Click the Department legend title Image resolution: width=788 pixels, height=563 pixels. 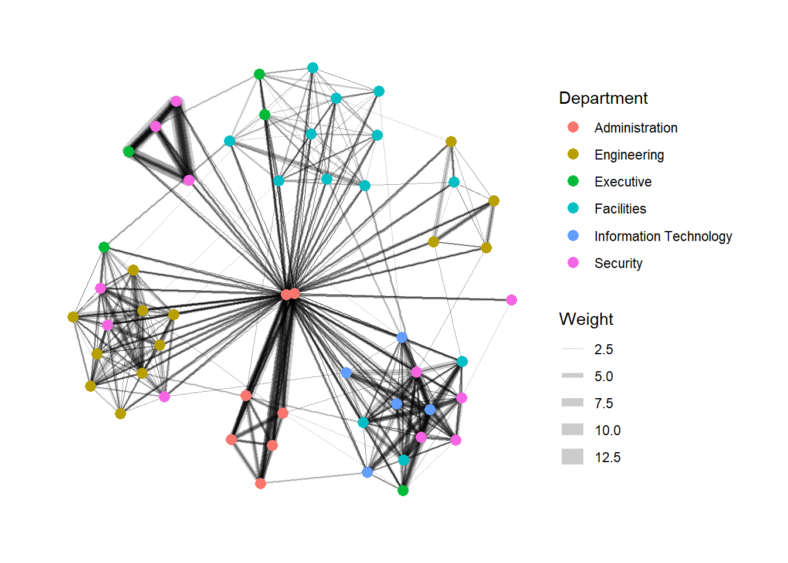(x=603, y=98)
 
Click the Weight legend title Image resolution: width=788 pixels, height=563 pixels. (x=586, y=319)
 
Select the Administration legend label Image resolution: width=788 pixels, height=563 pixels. (x=636, y=128)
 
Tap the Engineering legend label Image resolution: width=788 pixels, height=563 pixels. (x=629, y=155)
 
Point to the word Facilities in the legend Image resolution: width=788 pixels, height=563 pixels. (x=620, y=209)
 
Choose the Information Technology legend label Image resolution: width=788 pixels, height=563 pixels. (x=663, y=236)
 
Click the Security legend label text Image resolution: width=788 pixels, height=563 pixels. (x=618, y=263)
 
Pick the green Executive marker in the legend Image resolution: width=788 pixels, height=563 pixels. (x=573, y=181)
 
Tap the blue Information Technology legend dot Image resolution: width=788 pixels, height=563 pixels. (x=573, y=235)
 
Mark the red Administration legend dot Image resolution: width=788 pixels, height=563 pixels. (x=573, y=127)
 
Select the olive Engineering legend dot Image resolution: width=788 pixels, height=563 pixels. (x=573, y=154)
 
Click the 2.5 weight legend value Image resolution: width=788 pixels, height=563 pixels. (x=604, y=350)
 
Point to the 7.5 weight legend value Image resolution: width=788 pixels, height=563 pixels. (x=604, y=403)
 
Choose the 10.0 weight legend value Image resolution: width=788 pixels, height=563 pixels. (x=607, y=430)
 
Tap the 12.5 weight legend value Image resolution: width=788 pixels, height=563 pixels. (x=607, y=457)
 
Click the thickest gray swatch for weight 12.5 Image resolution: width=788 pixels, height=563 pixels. (x=572, y=457)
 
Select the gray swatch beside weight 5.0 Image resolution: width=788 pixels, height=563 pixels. (x=572, y=375)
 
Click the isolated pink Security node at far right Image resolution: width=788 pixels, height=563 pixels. (x=511, y=300)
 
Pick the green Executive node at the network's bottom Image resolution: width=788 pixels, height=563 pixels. (x=403, y=490)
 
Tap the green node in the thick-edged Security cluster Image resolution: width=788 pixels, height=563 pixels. (x=129, y=152)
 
